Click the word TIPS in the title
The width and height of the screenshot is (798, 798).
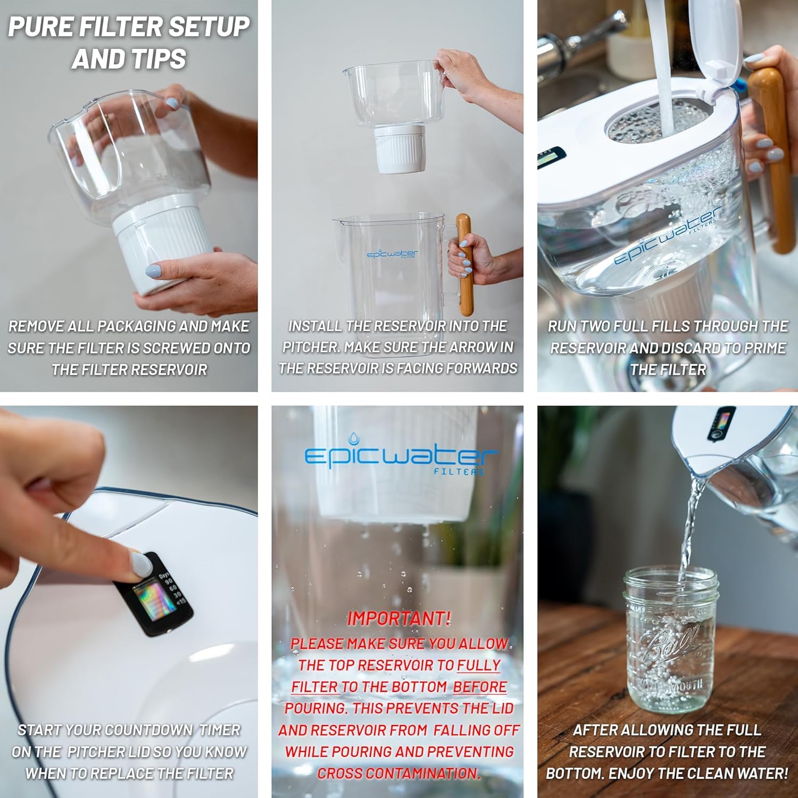pos(155,59)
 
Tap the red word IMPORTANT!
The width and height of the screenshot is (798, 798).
pos(398,618)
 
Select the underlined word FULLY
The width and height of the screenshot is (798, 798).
pos(479,665)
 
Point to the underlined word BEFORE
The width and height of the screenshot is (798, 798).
pos(479,687)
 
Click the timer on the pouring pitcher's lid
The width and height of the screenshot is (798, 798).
pos(721,423)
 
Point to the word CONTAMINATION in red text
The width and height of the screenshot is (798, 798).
pos(398,773)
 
